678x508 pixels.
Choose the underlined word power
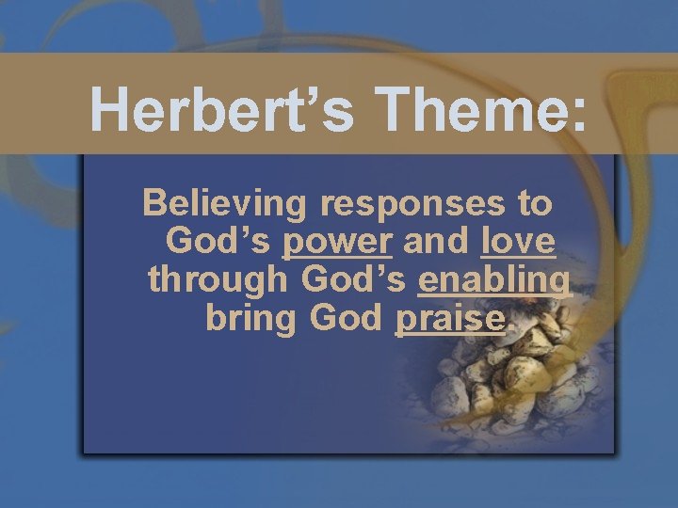(x=337, y=244)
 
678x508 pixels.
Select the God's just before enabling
(x=355, y=279)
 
